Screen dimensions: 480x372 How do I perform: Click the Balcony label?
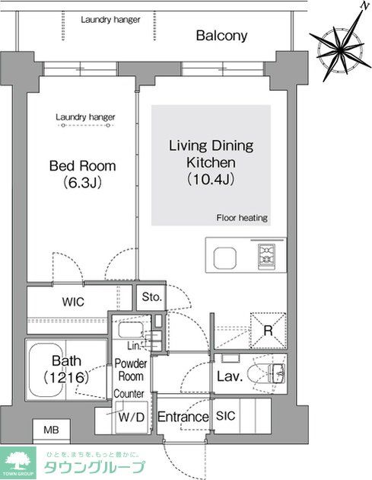[x=222, y=35]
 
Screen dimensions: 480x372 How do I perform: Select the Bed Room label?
[x=82, y=166]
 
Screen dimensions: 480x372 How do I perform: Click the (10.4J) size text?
[x=211, y=181]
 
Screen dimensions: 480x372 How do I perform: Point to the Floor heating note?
[x=242, y=218]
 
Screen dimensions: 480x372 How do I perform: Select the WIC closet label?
[x=74, y=302]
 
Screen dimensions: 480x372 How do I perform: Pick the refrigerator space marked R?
[x=269, y=330]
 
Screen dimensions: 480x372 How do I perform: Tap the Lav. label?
[x=229, y=376]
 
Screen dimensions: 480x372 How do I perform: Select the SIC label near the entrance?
[x=226, y=417]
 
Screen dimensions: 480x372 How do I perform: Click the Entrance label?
[x=183, y=418]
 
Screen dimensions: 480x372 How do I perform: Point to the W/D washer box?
[x=127, y=418]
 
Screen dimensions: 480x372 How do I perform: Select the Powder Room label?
[x=131, y=370]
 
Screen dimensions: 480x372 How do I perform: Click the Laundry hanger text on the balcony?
[x=110, y=19]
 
